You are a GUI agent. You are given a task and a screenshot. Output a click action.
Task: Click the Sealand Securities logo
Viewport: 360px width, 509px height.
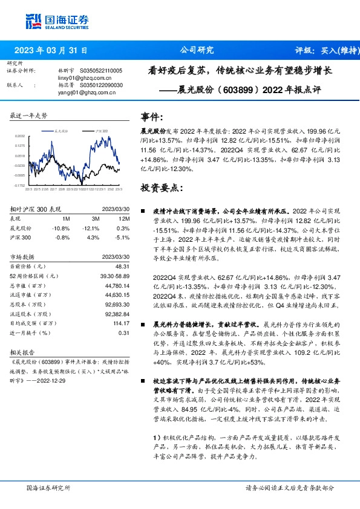click(x=54, y=22)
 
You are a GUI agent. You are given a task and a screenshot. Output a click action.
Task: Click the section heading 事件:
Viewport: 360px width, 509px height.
click(x=151, y=116)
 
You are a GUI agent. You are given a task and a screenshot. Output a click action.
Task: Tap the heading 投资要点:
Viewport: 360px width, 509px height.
click(x=161, y=188)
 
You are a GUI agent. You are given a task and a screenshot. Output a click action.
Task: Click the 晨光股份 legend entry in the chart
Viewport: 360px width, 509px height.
click(x=61, y=131)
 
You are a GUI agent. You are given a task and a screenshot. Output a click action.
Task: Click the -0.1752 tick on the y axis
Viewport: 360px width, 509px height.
click(x=20, y=186)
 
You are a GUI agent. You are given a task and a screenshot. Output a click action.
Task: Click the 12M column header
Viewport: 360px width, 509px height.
click(x=125, y=218)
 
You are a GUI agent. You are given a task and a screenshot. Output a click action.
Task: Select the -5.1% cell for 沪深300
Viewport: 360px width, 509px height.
click(x=124, y=238)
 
